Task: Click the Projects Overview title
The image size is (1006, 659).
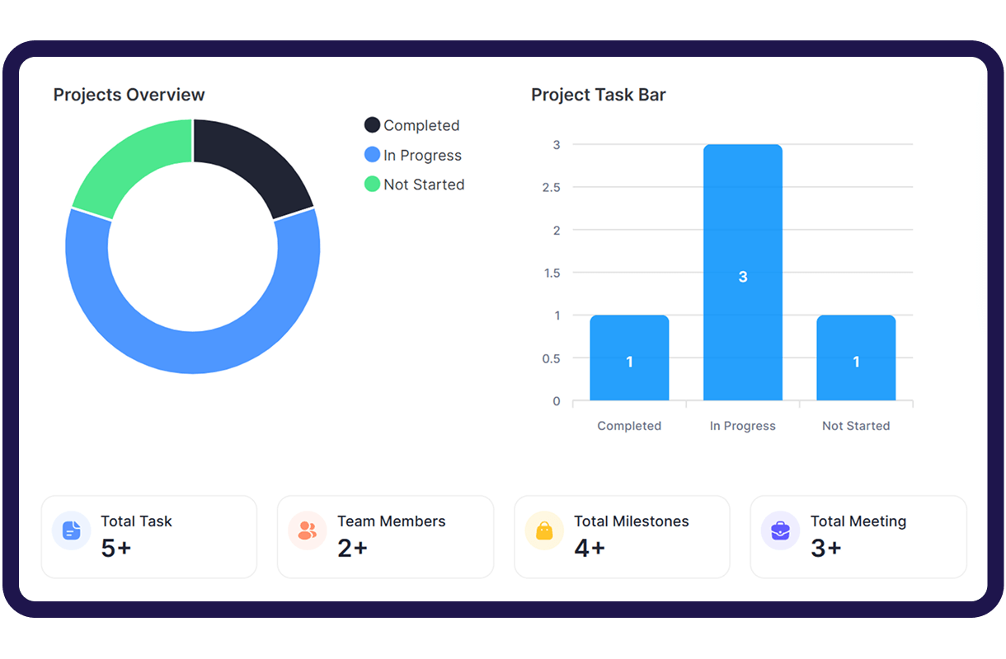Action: click(x=129, y=95)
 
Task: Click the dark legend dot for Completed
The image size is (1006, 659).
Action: click(x=372, y=125)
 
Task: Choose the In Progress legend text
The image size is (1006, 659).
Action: click(x=422, y=156)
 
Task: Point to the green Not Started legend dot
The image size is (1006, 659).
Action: click(x=372, y=185)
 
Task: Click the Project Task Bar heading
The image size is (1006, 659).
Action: click(x=598, y=95)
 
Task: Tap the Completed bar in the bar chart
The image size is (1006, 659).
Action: click(x=629, y=338)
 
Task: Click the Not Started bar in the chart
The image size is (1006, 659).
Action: click(x=856, y=338)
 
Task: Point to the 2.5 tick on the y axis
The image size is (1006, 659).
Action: click(x=552, y=188)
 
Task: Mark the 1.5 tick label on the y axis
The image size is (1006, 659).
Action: click(x=552, y=273)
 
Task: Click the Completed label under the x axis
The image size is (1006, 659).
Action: click(x=629, y=426)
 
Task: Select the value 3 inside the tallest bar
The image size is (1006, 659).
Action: click(x=743, y=277)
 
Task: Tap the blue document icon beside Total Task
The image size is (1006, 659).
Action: click(x=72, y=530)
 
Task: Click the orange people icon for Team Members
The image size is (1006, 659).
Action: click(x=308, y=530)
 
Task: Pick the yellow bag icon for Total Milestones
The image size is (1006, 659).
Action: click(x=544, y=530)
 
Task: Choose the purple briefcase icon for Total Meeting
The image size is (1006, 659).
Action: click(x=780, y=530)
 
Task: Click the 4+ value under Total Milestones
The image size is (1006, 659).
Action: click(x=590, y=548)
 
